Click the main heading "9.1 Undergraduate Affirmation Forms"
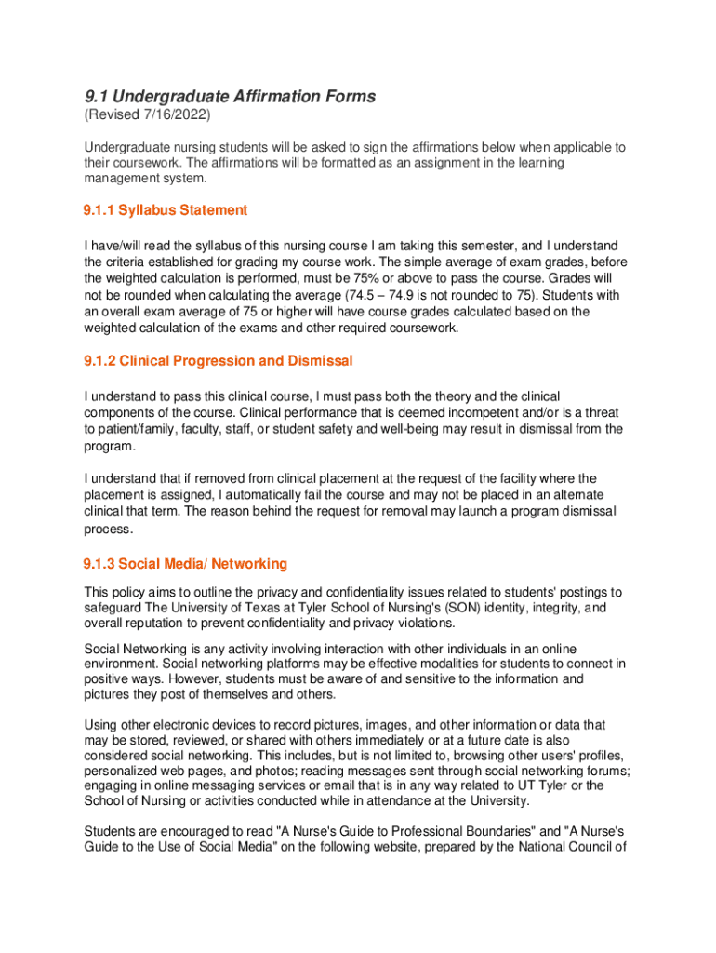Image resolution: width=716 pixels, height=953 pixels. [x=230, y=97]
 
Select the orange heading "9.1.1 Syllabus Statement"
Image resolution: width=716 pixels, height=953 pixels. [x=166, y=210]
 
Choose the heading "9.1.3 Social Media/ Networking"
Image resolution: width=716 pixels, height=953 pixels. [x=185, y=564]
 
